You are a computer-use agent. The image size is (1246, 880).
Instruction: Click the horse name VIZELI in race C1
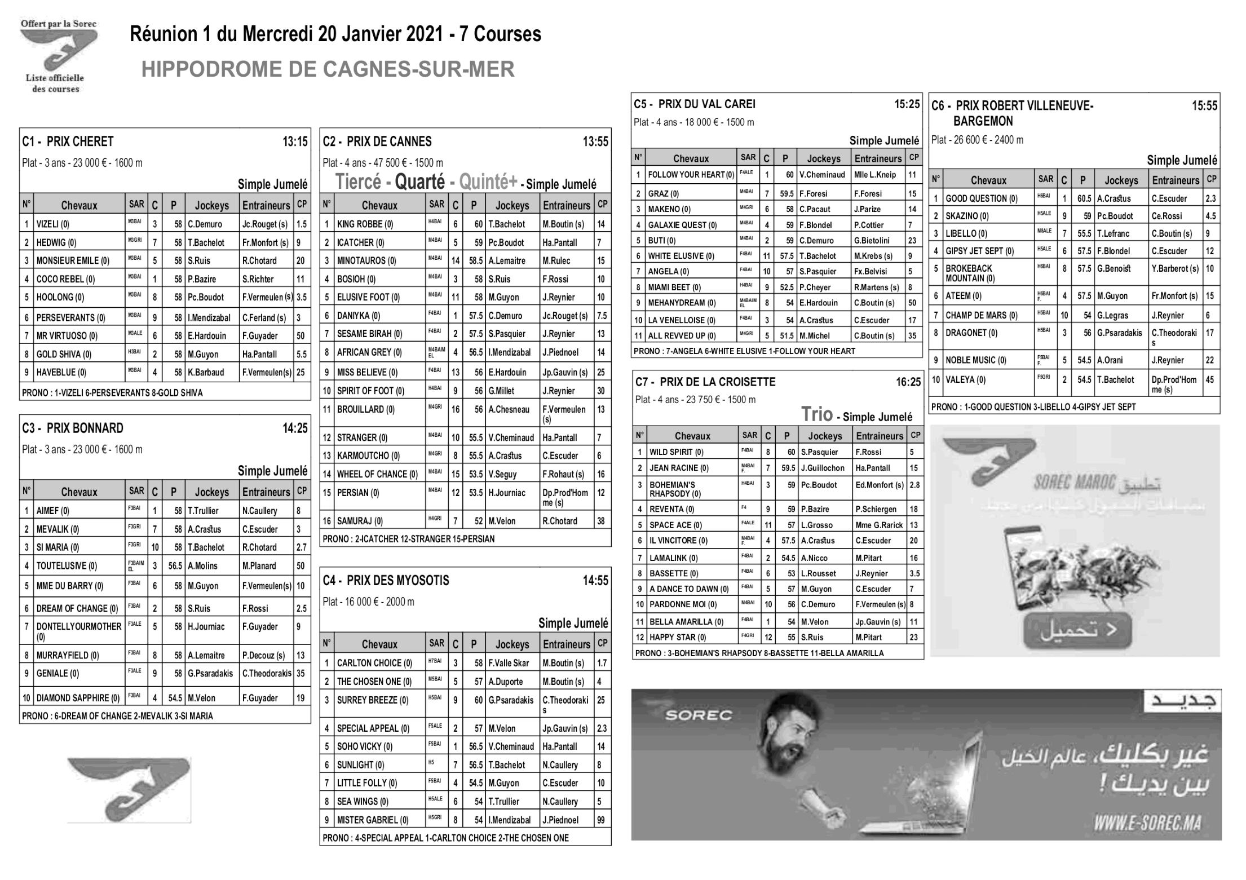click(52, 224)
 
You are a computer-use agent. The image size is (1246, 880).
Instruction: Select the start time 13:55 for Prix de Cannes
click(595, 141)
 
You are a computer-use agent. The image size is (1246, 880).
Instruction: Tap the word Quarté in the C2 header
click(419, 182)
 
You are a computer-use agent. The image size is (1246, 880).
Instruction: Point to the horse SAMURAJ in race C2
click(360, 521)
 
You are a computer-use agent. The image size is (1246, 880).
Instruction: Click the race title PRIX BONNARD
click(85, 428)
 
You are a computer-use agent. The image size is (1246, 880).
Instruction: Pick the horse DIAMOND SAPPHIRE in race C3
click(78, 698)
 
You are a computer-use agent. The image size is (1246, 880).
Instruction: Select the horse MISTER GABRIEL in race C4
click(372, 820)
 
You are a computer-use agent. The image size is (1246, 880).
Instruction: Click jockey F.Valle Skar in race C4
click(509, 663)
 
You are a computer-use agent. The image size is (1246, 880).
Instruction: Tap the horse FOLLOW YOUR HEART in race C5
click(691, 175)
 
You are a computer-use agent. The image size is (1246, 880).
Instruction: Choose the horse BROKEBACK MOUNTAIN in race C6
click(970, 273)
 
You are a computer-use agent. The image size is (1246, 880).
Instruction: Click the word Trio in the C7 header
click(817, 414)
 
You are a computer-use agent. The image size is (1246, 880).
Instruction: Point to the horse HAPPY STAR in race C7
click(677, 637)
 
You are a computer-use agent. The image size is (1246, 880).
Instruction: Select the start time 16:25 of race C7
click(908, 382)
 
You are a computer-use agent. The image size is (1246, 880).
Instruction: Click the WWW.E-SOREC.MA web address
click(1147, 824)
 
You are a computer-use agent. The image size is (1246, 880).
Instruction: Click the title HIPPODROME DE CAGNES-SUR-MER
click(328, 69)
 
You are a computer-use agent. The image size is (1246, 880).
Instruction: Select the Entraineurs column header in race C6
click(1176, 180)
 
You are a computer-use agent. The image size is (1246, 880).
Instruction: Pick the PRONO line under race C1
click(112, 393)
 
